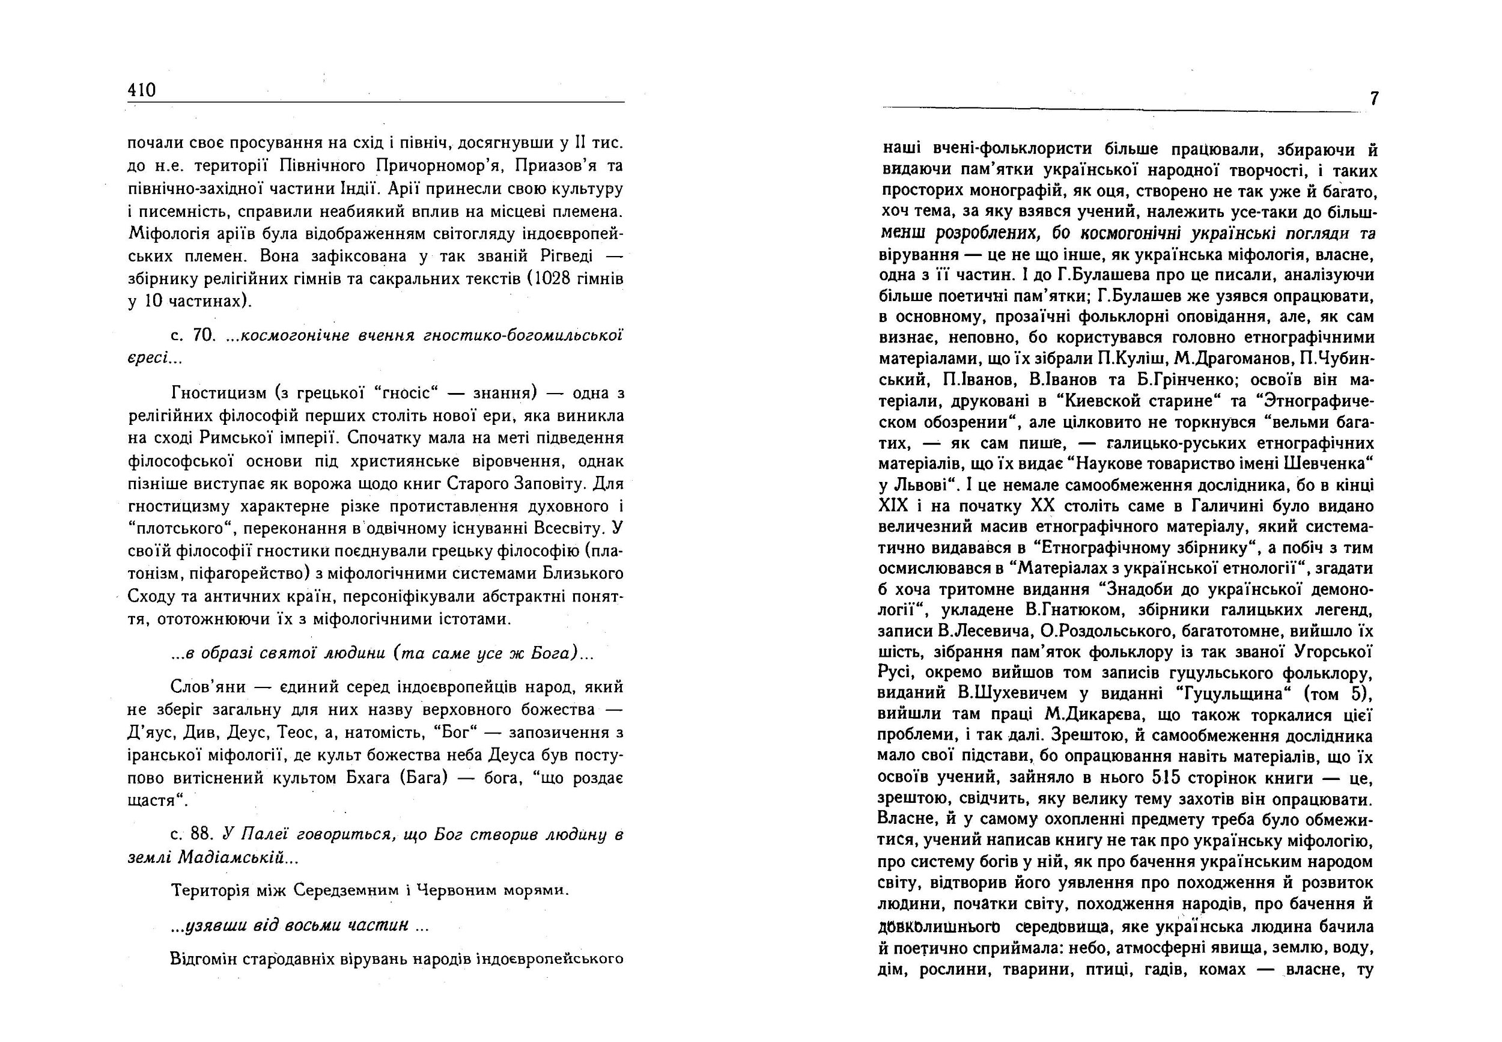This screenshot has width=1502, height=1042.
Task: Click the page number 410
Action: pyautogui.click(x=142, y=90)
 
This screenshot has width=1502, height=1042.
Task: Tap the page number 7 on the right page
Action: pyautogui.click(x=1374, y=99)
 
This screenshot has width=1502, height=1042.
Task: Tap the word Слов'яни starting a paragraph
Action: pyautogui.click(x=208, y=687)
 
